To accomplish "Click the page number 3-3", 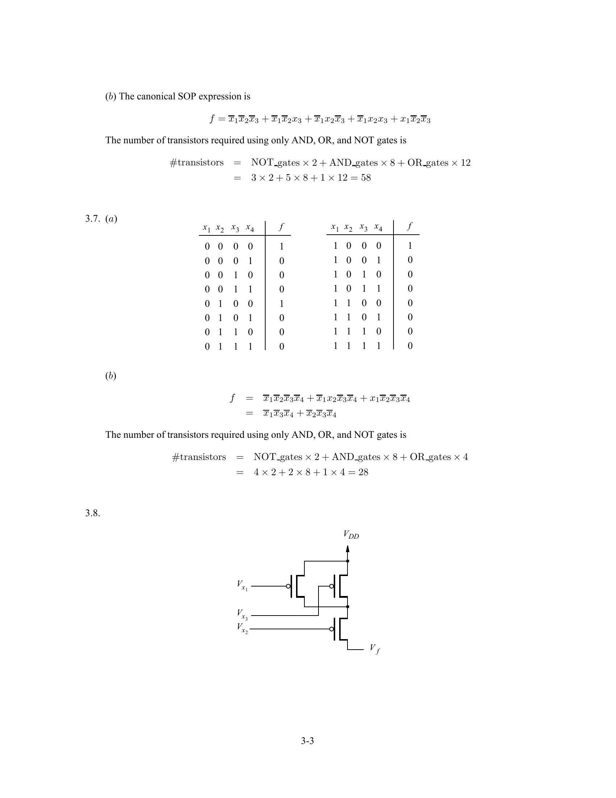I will (307, 741).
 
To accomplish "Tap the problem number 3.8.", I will (92, 513).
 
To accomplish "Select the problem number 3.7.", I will (92, 218).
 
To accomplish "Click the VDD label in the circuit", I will (351, 535).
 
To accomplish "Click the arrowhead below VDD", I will (347, 549).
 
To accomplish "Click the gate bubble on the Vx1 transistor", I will (288, 586).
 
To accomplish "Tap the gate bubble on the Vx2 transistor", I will (331, 629).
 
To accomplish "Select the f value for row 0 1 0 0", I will (281, 304).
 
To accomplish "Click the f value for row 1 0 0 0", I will (410, 246).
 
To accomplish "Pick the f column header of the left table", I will (281, 227).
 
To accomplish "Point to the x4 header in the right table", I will (378, 227).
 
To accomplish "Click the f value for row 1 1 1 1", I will (410, 346).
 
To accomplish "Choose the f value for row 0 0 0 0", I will (281, 247).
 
